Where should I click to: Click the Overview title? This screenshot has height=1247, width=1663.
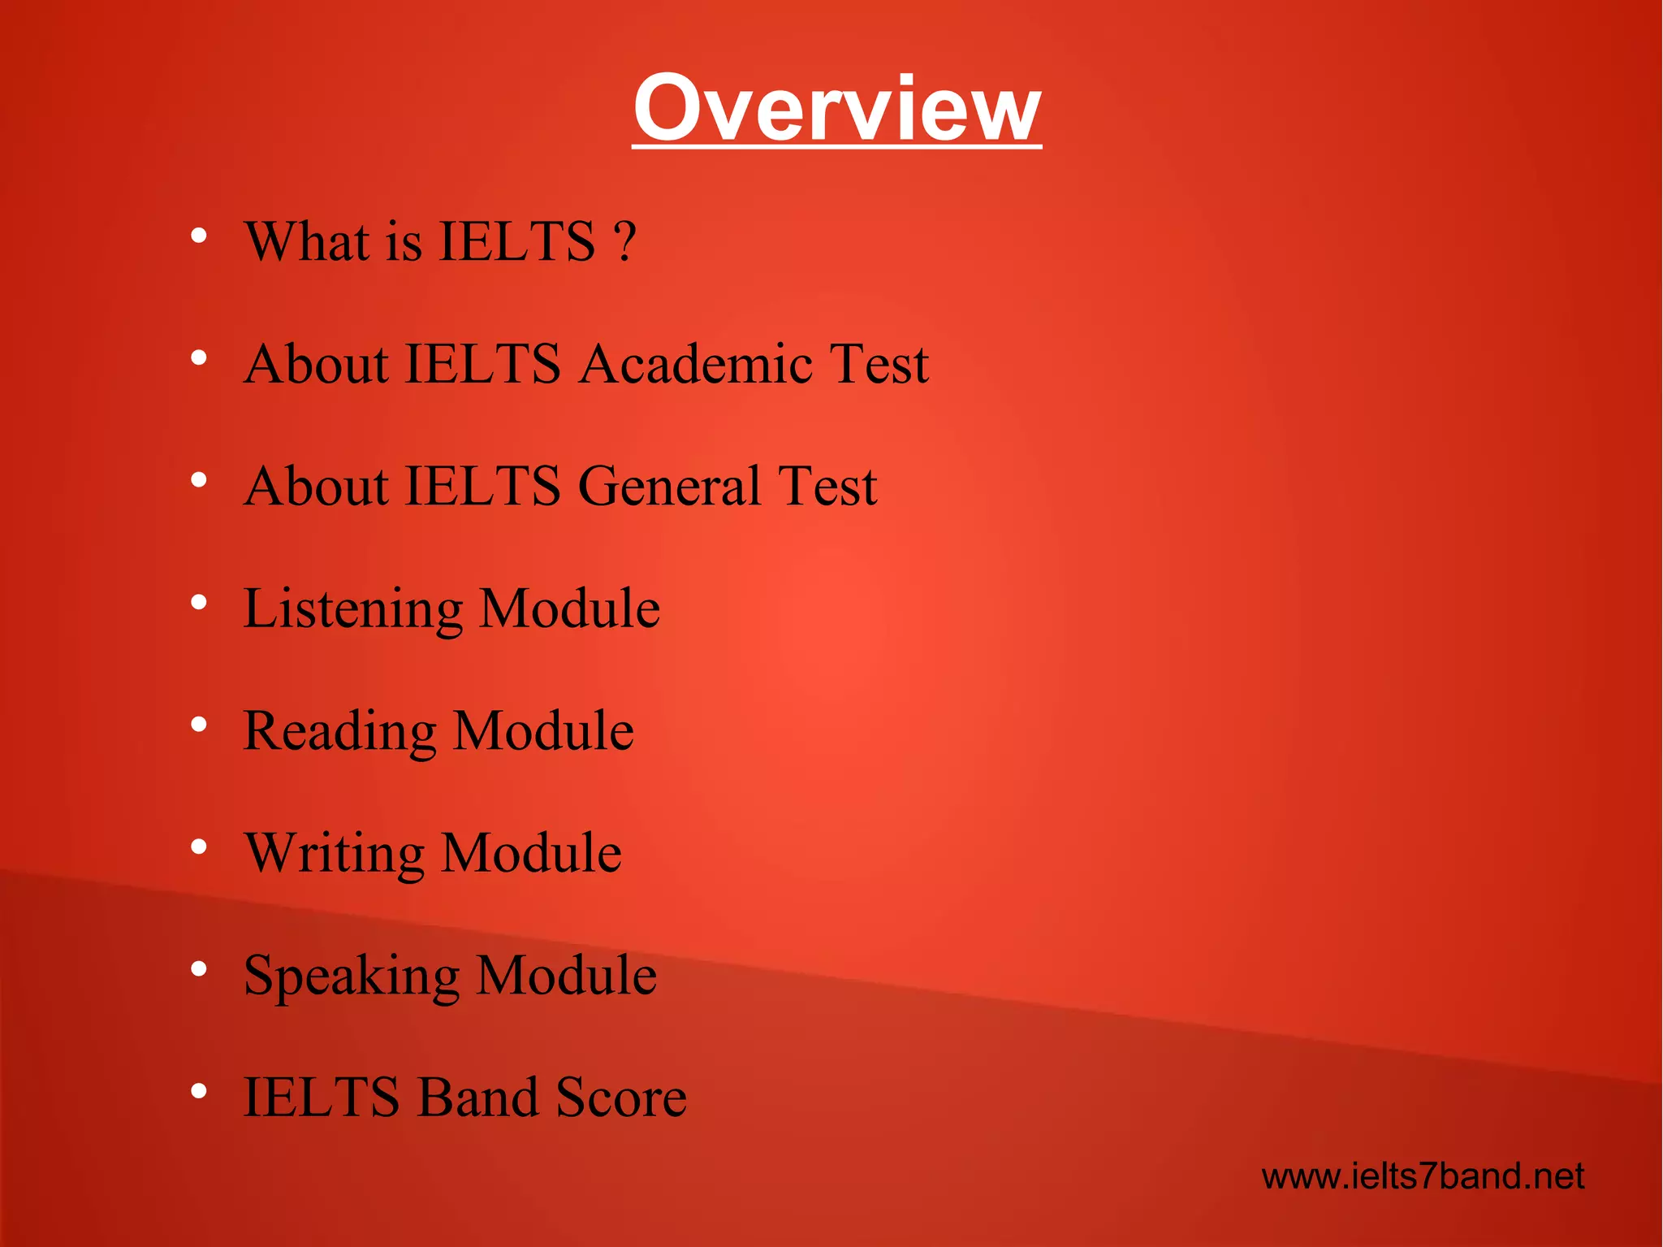pyautogui.click(x=836, y=108)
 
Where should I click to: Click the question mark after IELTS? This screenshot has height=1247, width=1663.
pyautogui.click(x=624, y=241)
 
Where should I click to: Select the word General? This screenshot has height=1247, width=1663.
pyautogui.click(x=670, y=486)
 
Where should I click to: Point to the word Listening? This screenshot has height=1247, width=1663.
pyautogui.click(x=353, y=609)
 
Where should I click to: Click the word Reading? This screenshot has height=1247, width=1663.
pyautogui.click(x=339, y=731)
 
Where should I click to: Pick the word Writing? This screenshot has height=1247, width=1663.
pyautogui.click(x=334, y=854)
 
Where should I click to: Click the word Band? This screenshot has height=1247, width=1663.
pyautogui.click(x=477, y=1098)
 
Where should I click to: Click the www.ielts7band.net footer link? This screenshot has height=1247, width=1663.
pyautogui.click(x=1423, y=1176)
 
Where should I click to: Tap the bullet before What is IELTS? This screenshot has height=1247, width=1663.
pyautogui.click(x=199, y=236)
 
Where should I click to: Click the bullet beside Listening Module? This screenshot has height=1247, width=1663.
pyautogui.click(x=199, y=603)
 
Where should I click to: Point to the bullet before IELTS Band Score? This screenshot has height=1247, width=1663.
pyautogui.click(x=199, y=1092)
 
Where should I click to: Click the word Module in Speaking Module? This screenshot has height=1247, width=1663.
pyautogui.click(x=566, y=975)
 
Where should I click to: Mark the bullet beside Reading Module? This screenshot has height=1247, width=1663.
pyautogui.click(x=199, y=725)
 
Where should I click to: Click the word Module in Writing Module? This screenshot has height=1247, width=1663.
pyautogui.click(x=532, y=853)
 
